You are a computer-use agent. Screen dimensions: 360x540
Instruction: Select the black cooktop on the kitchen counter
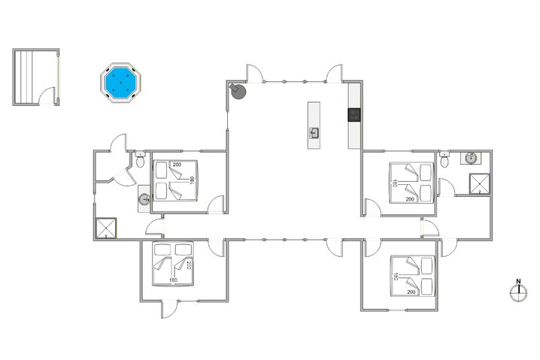[x=353, y=115]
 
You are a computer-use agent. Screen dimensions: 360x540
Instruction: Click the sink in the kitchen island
[x=314, y=133]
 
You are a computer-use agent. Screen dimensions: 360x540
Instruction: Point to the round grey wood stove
[x=238, y=91]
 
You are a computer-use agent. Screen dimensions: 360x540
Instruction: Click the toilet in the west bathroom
[x=141, y=162]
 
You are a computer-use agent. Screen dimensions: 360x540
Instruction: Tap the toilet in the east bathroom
[x=446, y=161]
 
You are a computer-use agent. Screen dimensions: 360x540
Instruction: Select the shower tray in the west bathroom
[x=106, y=227]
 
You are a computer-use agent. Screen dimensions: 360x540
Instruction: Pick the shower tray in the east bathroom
[x=478, y=183]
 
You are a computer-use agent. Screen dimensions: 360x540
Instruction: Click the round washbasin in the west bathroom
[x=144, y=199]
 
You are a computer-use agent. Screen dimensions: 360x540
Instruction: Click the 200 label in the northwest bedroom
[x=177, y=165]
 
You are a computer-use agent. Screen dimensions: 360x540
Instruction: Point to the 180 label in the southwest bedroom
[x=173, y=281]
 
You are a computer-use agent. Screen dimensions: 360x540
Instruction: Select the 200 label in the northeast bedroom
[x=411, y=199]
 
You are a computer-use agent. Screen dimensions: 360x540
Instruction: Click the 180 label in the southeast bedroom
[x=395, y=276]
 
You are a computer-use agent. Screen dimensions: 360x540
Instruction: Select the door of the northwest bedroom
[x=217, y=204]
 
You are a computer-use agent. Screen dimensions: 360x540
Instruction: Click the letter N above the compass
[x=517, y=283]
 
